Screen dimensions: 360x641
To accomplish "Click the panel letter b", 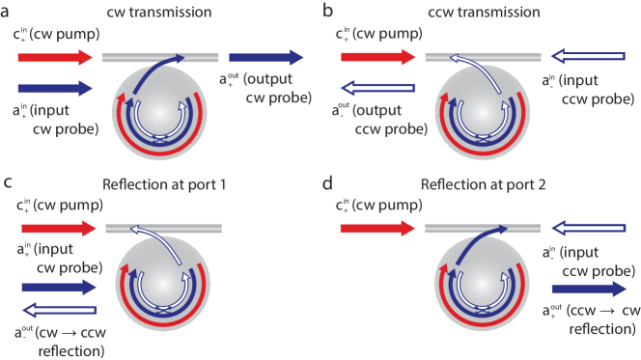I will pyautogui.click(x=328, y=10).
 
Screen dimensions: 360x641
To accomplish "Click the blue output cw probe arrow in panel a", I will pyautogui.click(x=265, y=57).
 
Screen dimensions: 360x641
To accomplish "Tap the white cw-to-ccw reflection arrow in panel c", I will pyautogui.click(x=60, y=311).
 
